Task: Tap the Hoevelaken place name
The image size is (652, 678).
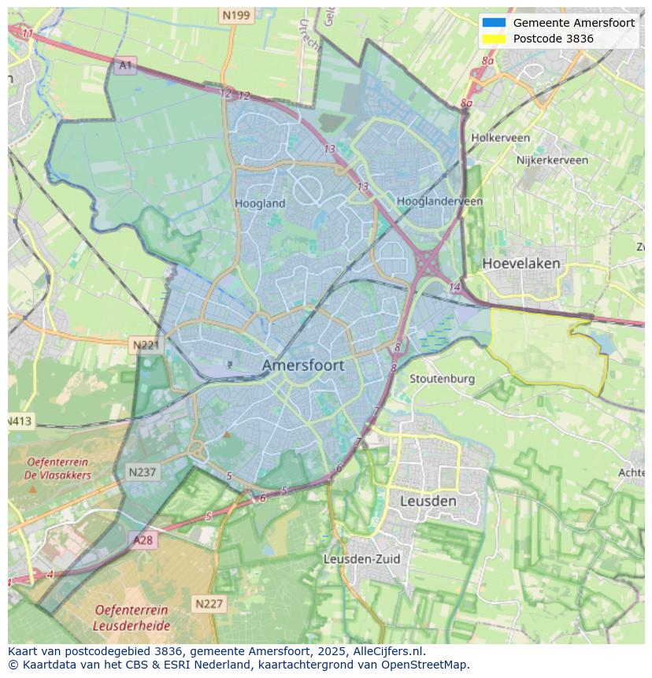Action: coord(521,263)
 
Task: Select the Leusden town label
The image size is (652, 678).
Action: coord(428,501)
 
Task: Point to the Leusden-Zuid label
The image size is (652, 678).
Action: coord(361,559)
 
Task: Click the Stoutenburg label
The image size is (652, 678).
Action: coord(442,379)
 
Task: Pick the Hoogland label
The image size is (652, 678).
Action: coord(260,203)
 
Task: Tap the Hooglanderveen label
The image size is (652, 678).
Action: coord(439,202)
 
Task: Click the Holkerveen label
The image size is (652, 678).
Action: coord(500,138)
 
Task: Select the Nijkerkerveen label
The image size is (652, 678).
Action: coord(552,160)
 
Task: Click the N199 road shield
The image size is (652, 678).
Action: coord(235,15)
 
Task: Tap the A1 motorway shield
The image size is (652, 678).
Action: coord(124,65)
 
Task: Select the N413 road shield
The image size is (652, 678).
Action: coord(20,421)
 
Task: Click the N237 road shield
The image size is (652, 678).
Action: coord(142,472)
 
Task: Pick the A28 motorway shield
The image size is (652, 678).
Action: coord(143,540)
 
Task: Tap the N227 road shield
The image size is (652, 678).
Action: coord(209,604)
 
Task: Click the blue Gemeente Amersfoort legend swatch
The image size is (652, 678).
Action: coord(494,23)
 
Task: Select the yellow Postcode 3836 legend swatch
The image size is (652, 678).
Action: coord(494,39)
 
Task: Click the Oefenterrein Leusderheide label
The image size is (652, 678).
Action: coord(131,617)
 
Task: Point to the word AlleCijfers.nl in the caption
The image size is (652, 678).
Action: coord(389,651)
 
